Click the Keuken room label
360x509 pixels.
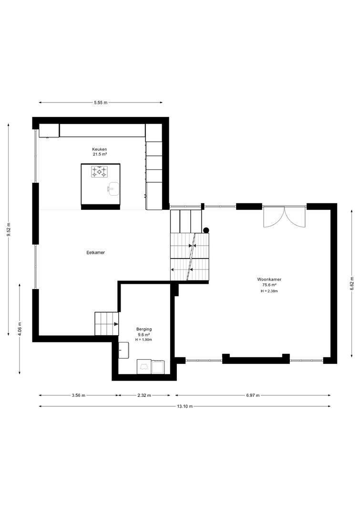100,149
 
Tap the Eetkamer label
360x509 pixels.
96,252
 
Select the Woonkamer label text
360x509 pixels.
269,279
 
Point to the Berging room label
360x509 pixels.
144,329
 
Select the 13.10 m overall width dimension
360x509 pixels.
185,406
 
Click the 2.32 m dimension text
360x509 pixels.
144,395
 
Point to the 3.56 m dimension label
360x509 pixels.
79,395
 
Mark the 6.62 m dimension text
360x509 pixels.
352,283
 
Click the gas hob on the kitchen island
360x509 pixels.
99,172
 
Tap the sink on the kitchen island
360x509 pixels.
113,189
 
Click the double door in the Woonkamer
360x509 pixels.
285,217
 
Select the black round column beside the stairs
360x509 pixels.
206,230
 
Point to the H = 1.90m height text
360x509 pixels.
144,340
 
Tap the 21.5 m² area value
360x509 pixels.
100,155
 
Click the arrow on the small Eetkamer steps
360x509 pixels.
115,323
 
